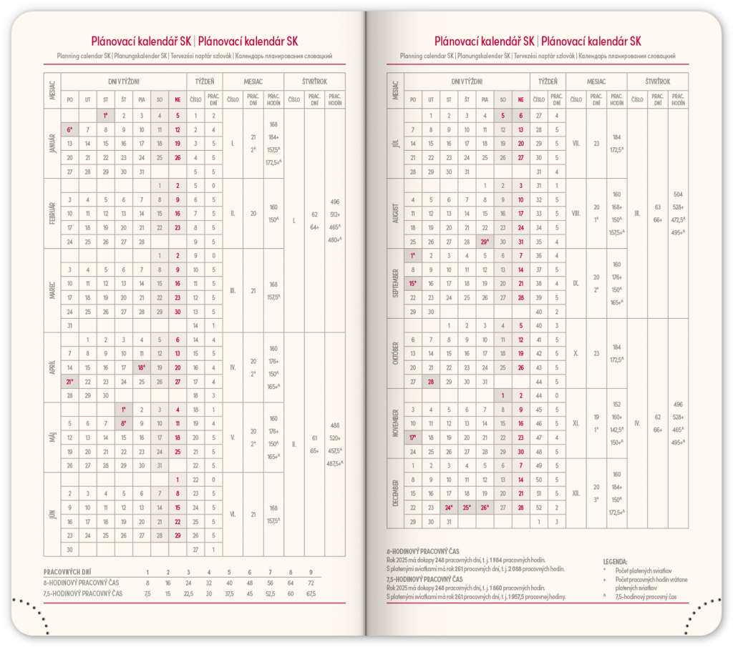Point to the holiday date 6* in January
70,129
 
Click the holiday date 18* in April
141,367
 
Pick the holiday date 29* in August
485,242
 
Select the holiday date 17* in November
413,438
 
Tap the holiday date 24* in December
449,507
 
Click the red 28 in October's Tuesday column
431,382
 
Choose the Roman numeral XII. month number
576,493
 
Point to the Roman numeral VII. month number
576,143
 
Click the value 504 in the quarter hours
679,194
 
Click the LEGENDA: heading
616,561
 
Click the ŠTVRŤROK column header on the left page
314,82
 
